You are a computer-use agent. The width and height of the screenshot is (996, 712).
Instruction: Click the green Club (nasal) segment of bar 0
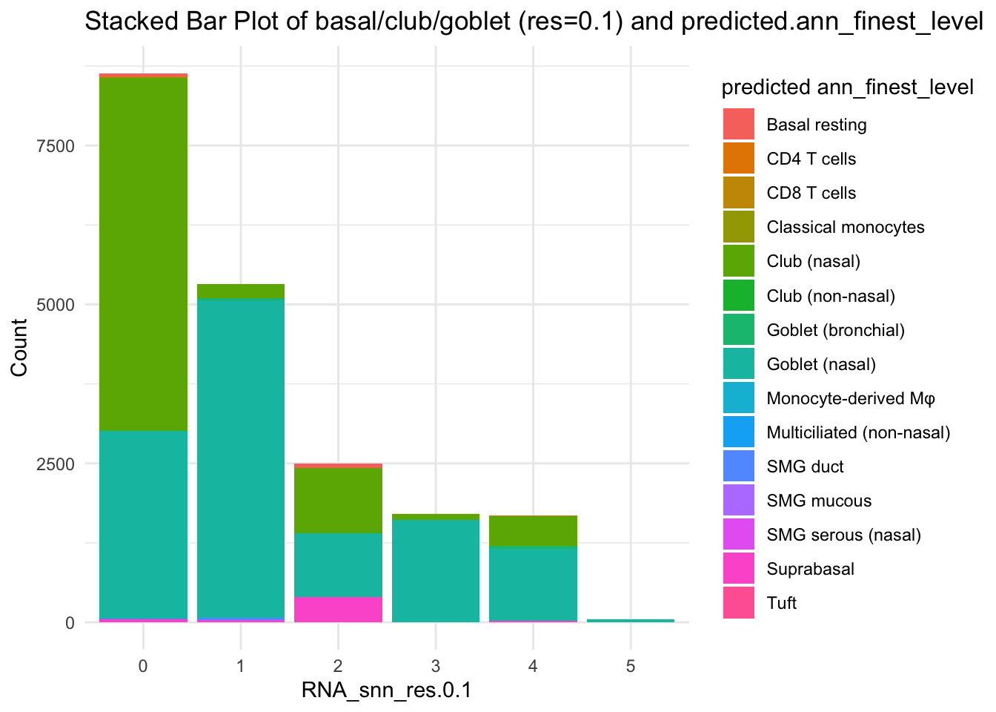[x=143, y=252]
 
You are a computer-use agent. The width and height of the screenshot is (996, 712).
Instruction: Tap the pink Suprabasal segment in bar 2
[x=338, y=610]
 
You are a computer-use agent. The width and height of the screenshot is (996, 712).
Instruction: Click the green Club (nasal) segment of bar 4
[x=533, y=530]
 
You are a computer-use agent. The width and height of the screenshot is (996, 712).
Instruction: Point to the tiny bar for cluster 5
[x=631, y=620]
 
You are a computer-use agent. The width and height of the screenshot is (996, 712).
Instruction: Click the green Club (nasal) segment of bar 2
[x=338, y=501]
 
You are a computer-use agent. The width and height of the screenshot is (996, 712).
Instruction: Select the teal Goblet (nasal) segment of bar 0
[x=143, y=523]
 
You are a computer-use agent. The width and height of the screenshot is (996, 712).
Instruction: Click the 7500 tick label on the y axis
[x=56, y=146]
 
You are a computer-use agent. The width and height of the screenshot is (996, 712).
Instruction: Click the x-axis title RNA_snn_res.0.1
[x=386, y=691]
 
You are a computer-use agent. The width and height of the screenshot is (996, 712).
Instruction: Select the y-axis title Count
[x=20, y=347]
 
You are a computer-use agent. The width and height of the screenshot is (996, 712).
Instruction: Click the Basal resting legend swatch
[x=739, y=125]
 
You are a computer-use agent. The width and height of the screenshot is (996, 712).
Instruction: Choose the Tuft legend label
[x=782, y=603]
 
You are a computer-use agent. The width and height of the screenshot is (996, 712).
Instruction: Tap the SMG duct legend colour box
[x=739, y=467]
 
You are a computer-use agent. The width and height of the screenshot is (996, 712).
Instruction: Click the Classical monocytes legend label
[x=846, y=227]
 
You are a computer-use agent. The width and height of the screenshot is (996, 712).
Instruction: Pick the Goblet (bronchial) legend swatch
[x=739, y=330]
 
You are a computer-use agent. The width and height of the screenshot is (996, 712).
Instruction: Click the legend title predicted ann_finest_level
[x=847, y=88]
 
